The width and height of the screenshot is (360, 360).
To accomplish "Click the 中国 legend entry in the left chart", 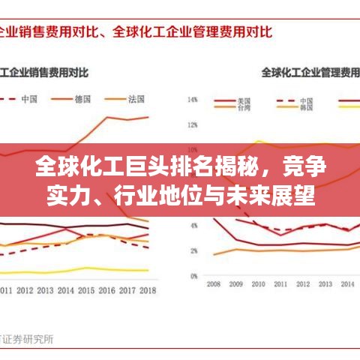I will (30, 98).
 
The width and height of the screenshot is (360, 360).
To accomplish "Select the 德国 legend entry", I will (83, 98).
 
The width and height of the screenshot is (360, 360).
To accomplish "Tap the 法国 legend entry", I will (136, 98).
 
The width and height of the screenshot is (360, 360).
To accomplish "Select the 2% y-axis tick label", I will (193, 251).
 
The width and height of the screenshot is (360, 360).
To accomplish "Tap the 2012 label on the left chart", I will (25, 290).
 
